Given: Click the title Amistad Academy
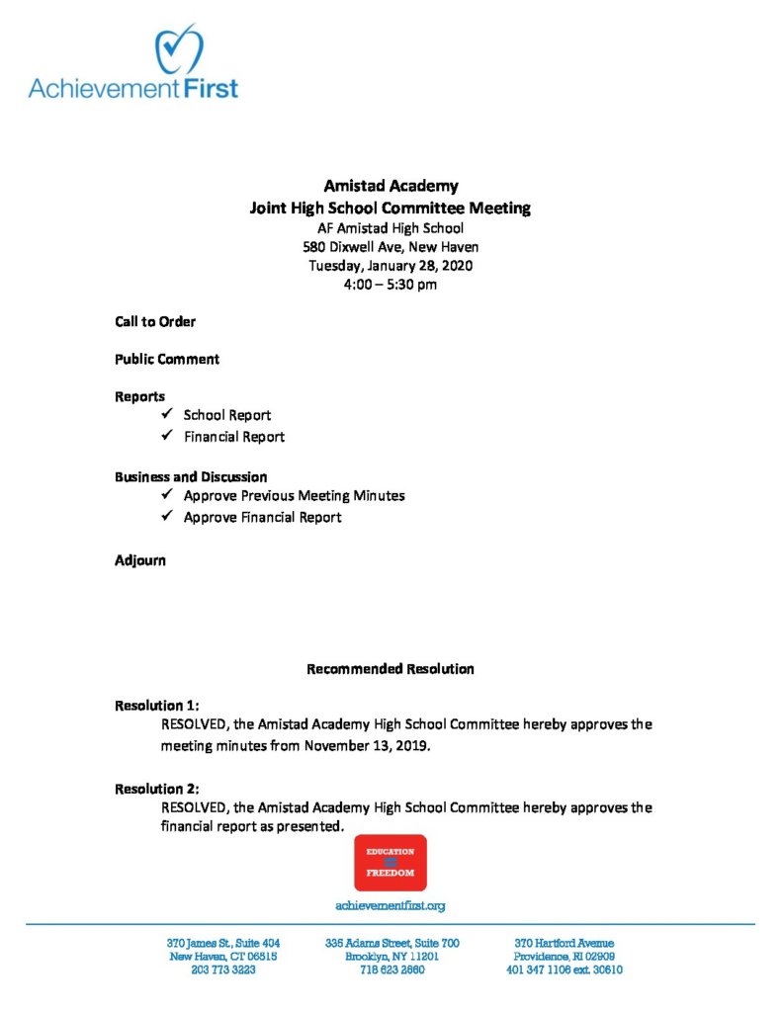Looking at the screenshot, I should (391, 186).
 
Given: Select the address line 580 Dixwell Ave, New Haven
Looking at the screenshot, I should (391, 246).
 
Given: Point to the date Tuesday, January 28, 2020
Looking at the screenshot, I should (391, 266).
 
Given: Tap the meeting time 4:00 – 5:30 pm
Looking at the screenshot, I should (391, 285).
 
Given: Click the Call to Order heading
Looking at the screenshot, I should (155, 321).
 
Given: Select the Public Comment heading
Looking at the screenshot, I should (167, 359).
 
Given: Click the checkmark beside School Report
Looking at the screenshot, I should (166, 415).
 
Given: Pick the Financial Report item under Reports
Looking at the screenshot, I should (234, 436).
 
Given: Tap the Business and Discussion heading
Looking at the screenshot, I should (191, 476).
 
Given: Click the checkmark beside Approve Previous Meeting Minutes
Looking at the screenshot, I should (166, 495).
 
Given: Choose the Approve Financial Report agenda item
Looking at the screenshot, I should (262, 517).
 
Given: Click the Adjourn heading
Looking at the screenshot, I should (140, 560).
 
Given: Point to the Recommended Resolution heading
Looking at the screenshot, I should (391, 669).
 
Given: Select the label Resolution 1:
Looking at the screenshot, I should (157, 706).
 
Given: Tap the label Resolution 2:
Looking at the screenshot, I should (157, 789).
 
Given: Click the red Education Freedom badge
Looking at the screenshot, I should (391, 863).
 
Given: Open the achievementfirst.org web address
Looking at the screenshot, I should (391, 905).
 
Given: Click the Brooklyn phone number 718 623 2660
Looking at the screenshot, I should (391, 970).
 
